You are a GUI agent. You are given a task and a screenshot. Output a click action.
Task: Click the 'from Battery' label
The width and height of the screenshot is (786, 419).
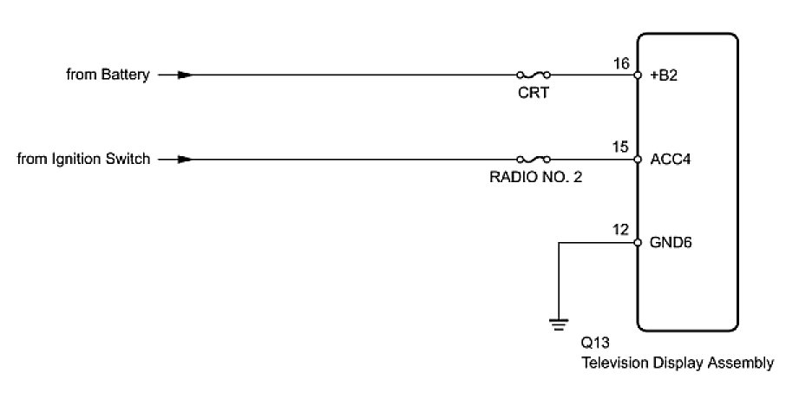(108, 75)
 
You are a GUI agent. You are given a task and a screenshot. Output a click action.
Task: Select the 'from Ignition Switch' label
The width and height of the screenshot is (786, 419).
(83, 160)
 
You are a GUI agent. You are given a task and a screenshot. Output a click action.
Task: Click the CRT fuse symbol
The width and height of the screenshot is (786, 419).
(533, 75)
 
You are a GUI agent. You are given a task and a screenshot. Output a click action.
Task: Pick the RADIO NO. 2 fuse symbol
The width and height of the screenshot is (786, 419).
(533, 160)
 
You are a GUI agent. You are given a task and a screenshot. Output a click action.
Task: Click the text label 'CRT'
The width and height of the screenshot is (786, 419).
(534, 92)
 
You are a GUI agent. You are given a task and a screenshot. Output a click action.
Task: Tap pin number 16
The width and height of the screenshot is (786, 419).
(621, 62)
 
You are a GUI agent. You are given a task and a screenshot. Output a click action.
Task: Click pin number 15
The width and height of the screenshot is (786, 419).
(621, 147)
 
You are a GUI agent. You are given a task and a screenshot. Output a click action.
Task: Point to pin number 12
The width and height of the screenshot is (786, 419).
(621, 230)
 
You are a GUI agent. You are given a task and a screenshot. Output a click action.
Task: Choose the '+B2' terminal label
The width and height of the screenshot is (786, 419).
(664, 75)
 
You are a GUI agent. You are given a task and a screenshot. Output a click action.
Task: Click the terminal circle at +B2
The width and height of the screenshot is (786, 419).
(638, 75)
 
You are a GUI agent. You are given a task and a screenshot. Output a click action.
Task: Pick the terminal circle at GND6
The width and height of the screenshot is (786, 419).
(638, 243)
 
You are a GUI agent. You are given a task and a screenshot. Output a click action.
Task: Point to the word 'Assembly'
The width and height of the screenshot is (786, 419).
(743, 363)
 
